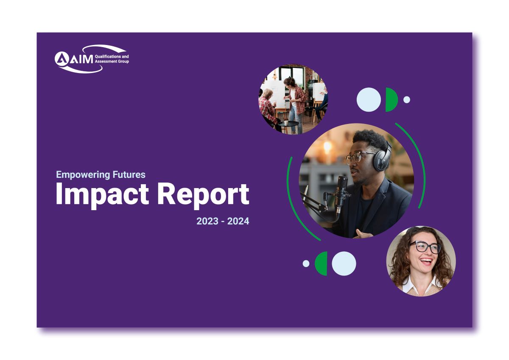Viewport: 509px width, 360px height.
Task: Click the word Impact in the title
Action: pos(102,195)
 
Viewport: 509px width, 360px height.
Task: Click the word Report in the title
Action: pos(203,195)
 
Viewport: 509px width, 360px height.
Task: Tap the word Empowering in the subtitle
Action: pos(83,174)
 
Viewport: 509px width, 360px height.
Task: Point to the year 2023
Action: pos(207,221)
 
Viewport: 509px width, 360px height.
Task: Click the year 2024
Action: pos(238,221)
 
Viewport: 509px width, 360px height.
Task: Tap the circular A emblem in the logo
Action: pos(62,59)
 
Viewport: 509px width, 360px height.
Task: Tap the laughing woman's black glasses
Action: pos(425,247)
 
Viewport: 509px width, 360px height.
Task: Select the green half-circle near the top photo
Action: pos(391,100)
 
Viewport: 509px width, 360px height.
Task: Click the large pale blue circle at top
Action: pos(369,100)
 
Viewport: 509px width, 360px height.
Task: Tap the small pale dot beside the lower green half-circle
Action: pos(306,264)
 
